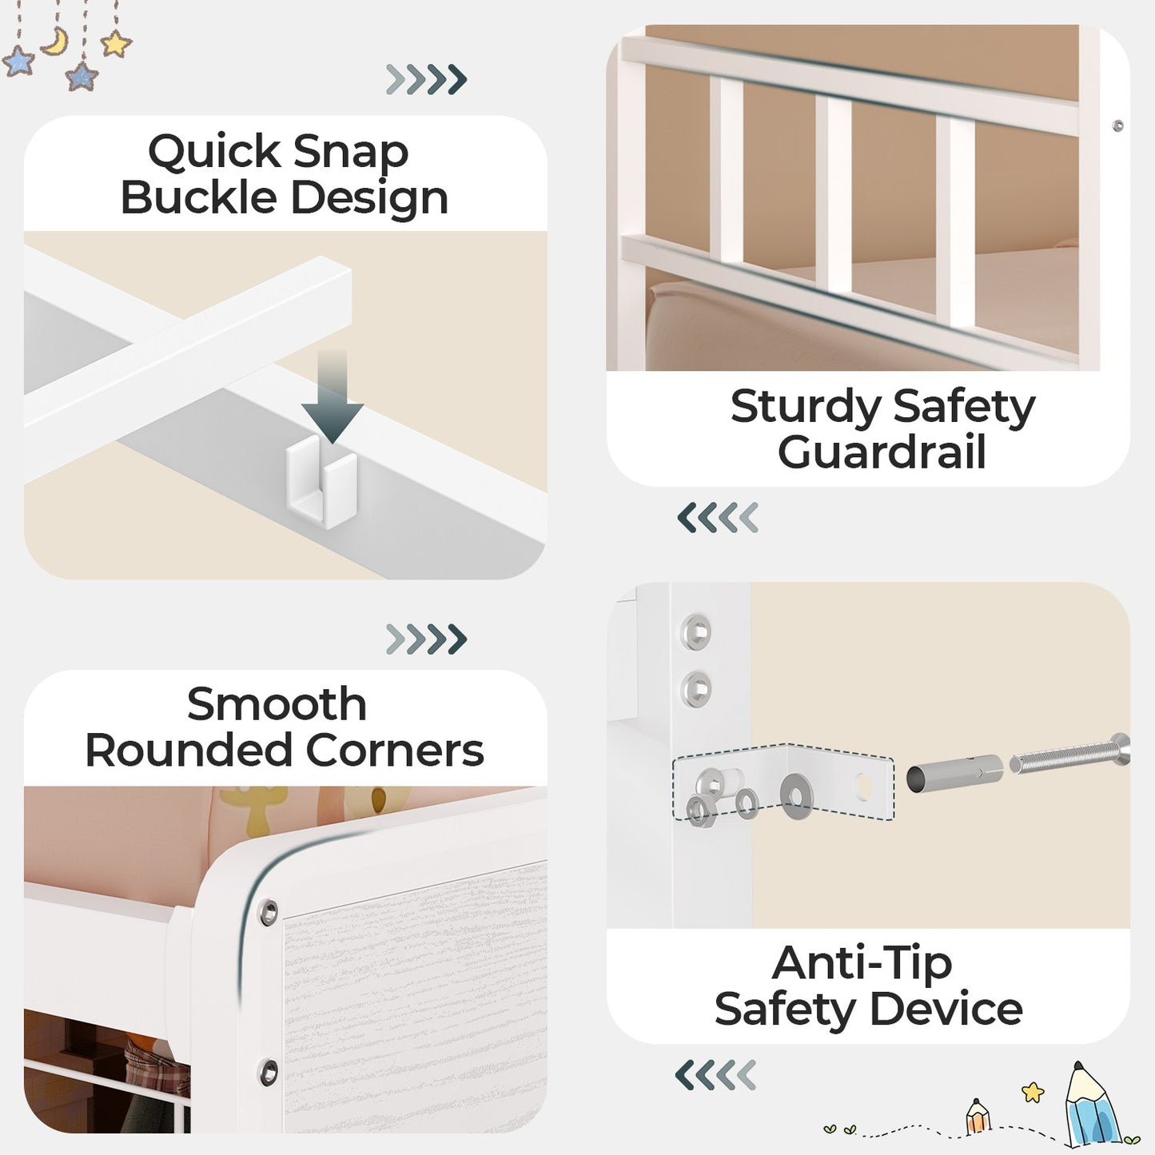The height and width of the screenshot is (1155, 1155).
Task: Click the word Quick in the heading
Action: pos(214,153)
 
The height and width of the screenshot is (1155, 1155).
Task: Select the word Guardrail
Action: pos(882,452)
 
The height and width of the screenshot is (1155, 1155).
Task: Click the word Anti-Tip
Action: pos(862,964)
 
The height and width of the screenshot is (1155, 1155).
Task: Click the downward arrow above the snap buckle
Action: pos(332,396)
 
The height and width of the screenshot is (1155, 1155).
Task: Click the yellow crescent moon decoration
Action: pos(56,42)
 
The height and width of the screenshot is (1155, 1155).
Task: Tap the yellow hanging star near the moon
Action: pos(116,44)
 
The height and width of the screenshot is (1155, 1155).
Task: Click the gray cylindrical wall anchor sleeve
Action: pos(955,774)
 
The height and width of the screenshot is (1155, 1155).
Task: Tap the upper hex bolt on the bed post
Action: pos(696,631)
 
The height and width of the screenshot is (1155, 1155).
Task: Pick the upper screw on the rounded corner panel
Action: pos(268,913)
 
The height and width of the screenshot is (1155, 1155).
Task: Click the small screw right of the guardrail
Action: pos(1117,125)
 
